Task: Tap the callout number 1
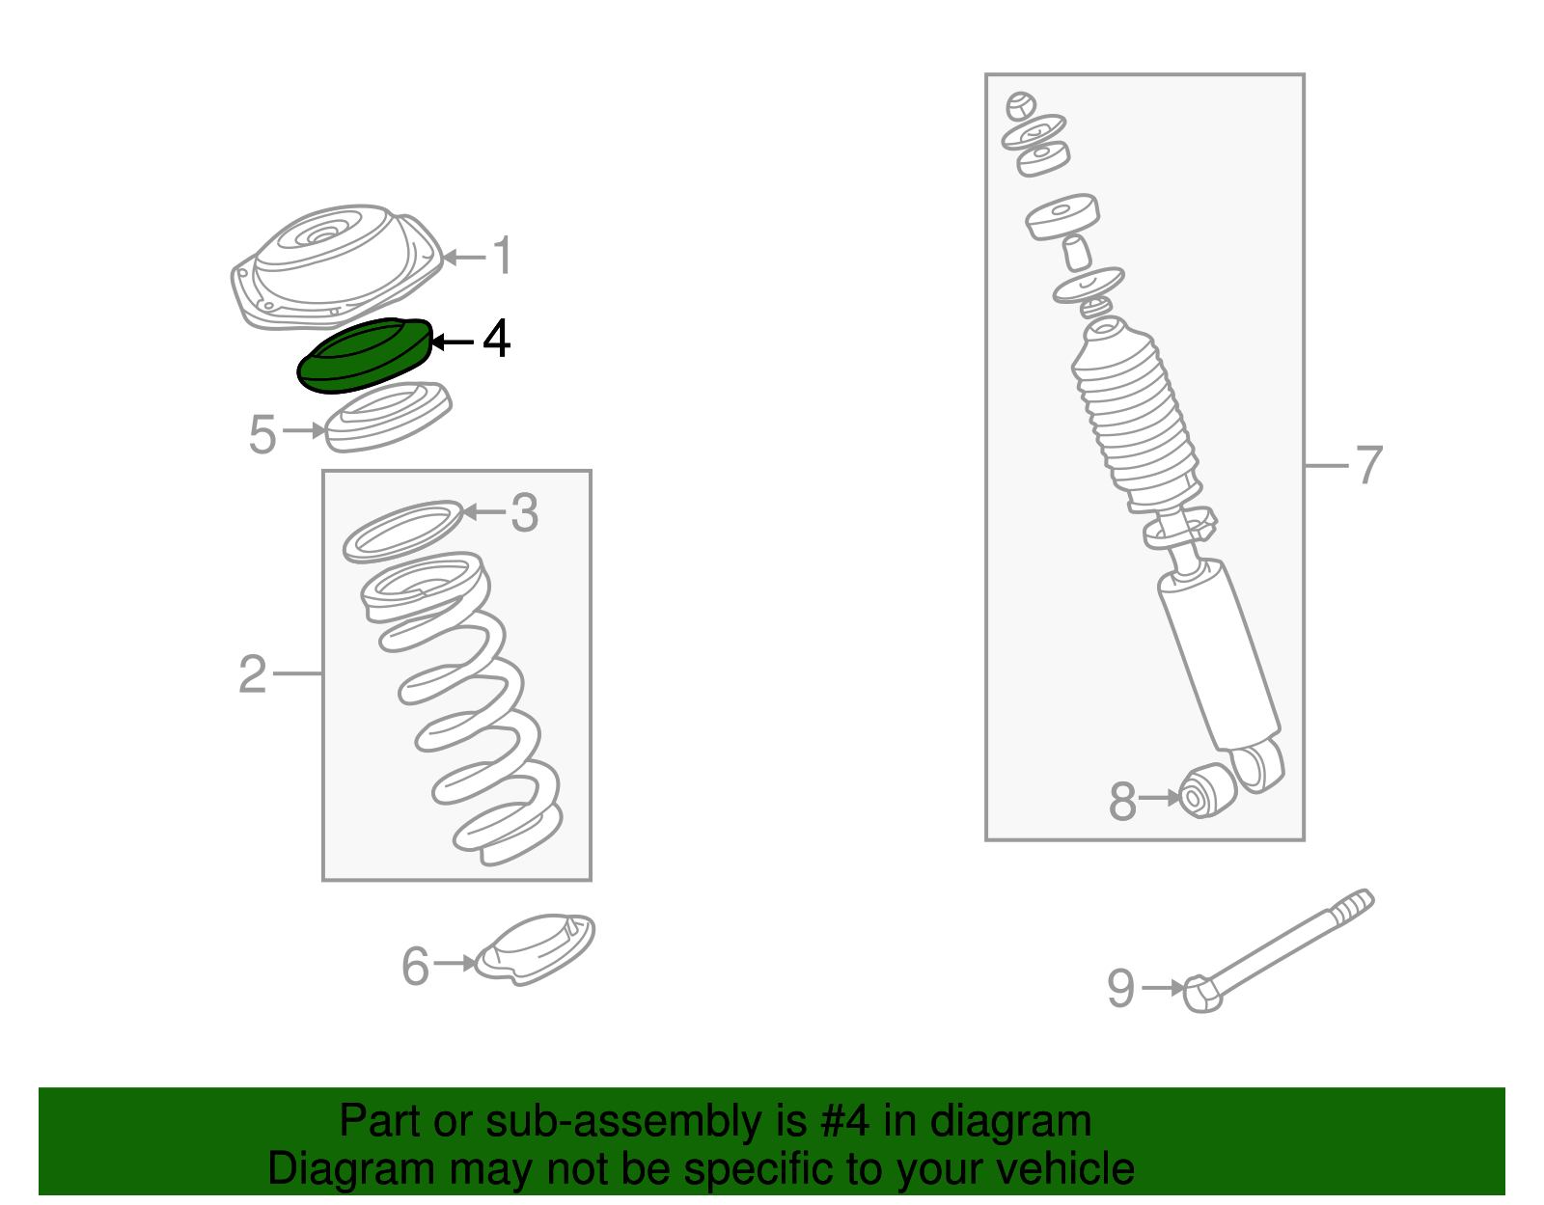click(503, 257)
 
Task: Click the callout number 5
click(262, 435)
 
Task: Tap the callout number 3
click(524, 513)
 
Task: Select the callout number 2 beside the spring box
click(253, 673)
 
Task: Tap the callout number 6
click(415, 967)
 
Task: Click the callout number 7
click(1369, 466)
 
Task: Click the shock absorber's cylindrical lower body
click(1218, 656)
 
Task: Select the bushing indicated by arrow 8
click(1207, 788)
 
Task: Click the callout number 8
click(1122, 802)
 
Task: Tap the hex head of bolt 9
click(1201, 994)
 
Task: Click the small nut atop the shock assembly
click(1020, 104)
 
